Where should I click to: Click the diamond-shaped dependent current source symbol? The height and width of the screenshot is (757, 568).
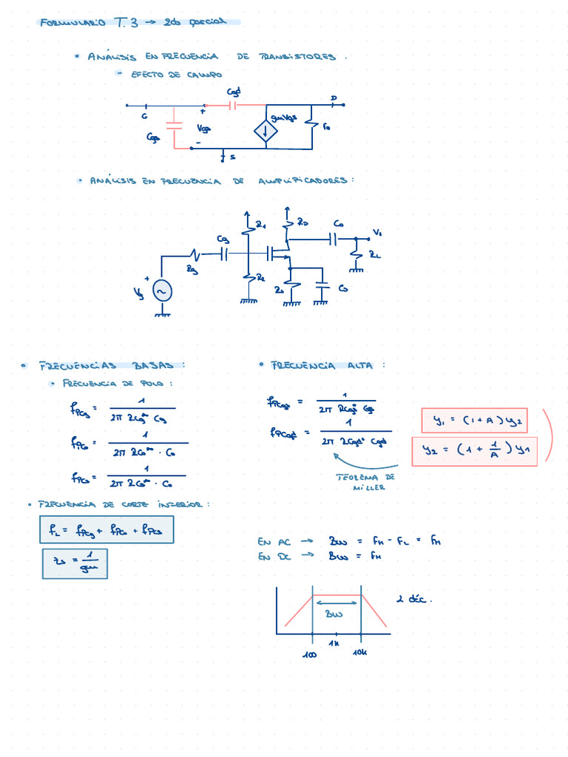[x=266, y=132]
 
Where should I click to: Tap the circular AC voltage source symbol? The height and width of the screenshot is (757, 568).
[x=162, y=292]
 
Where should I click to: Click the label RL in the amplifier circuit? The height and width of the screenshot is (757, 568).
[x=375, y=254]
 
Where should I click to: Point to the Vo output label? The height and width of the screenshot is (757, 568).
[x=377, y=233]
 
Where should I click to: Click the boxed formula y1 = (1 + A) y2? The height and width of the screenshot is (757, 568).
[x=474, y=421]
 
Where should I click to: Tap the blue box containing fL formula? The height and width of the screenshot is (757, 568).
[x=106, y=529]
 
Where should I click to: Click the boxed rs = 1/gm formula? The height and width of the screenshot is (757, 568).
[x=75, y=563]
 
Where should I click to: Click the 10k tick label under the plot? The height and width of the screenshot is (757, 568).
[x=360, y=652]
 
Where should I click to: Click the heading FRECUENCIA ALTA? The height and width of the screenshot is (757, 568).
[x=323, y=365]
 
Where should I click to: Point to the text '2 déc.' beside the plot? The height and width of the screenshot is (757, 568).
[x=414, y=600]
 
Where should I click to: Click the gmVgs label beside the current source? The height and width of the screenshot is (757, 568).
[x=283, y=118]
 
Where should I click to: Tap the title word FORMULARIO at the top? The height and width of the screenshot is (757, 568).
[x=72, y=23]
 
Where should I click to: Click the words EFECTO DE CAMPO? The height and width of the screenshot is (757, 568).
[x=176, y=75]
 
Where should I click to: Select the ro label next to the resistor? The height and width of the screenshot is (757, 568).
[x=327, y=126]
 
